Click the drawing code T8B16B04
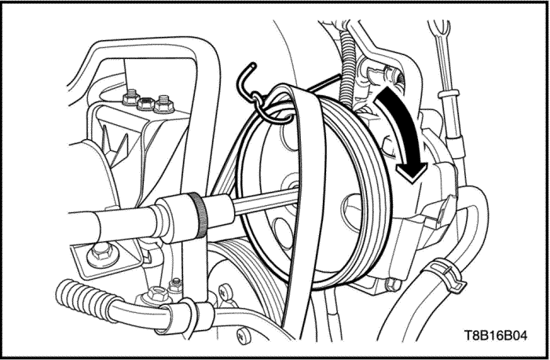pyautogui.click(x=495, y=335)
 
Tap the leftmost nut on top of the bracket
pyautogui.click(x=130, y=98)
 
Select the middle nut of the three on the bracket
pyautogui.click(x=146, y=104)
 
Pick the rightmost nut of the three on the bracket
pyautogui.click(x=163, y=105)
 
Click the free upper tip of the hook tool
pyautogui.click(x=252, y=65)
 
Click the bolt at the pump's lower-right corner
pyautogui.click(x=393, y=285)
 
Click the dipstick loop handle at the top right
pyautogui.click(x=439, y=29)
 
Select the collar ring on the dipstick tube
pyautogui.click(x=449, y=94)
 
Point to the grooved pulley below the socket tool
pyautogui.click(x=245, y=277)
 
